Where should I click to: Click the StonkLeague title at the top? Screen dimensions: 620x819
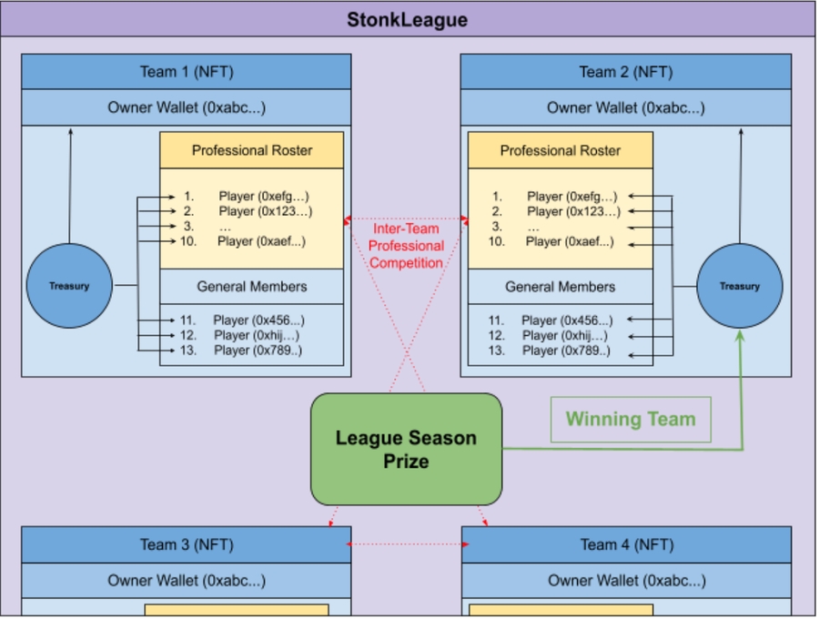[407, 19]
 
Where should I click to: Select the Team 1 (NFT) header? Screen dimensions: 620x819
[187, 72]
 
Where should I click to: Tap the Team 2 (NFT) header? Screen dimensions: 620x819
[625, 72]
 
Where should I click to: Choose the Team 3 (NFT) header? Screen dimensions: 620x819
[187, 544]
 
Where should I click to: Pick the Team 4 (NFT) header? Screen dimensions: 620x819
[627, 544]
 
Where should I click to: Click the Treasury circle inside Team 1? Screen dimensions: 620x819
[69, 286]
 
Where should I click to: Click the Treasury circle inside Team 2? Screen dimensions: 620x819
[739, 286]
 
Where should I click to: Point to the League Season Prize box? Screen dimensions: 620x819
[406, 449]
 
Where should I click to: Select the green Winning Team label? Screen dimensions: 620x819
[631, 420]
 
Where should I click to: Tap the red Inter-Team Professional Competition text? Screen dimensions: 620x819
[408, 246]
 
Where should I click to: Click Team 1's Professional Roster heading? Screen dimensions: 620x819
[252, 150]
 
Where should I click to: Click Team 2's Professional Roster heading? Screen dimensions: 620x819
[561, 150]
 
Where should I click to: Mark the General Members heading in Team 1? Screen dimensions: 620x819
[252, 287]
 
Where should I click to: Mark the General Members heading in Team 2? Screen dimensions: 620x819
[561, 287]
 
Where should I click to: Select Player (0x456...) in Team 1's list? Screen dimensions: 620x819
[258, 320]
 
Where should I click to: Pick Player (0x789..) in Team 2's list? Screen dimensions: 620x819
[566, 351]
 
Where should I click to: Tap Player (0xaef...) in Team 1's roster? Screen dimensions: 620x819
[261, 241]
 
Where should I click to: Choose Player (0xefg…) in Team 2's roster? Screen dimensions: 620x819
[571, 196]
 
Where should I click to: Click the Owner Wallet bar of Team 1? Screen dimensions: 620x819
[187, 107]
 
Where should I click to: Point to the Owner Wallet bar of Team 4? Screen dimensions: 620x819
[627, 580]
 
